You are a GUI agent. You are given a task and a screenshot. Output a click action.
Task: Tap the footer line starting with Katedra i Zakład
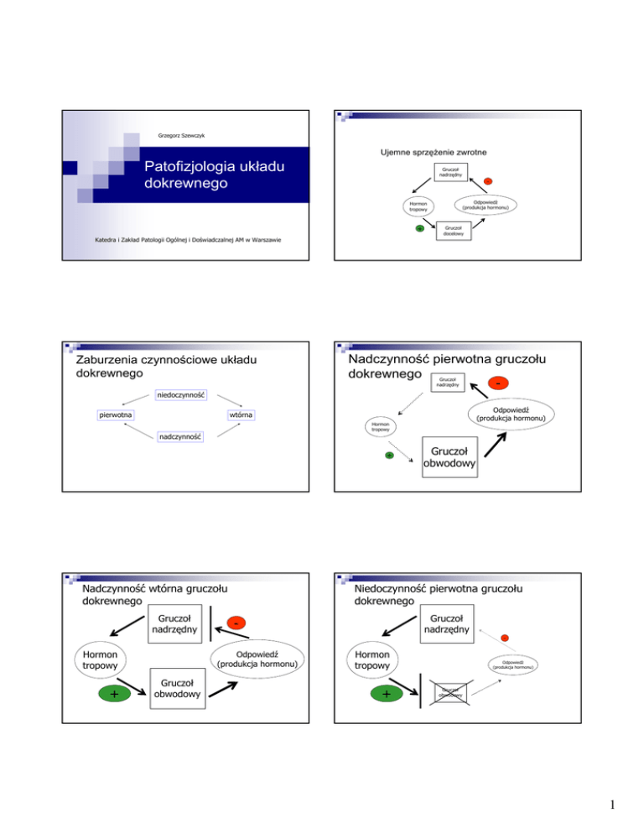pos(188,242)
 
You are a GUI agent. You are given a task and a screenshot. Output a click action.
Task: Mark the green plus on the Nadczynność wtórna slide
pos(114,694)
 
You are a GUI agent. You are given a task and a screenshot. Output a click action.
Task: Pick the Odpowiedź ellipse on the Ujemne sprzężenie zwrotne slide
pos(487,204)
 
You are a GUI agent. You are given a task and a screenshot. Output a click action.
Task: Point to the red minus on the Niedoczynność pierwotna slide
pos(505,639)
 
